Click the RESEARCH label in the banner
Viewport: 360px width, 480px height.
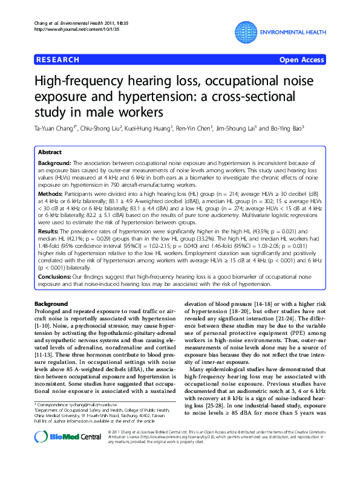point(57,60)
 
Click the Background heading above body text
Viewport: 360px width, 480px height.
point(51,303)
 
